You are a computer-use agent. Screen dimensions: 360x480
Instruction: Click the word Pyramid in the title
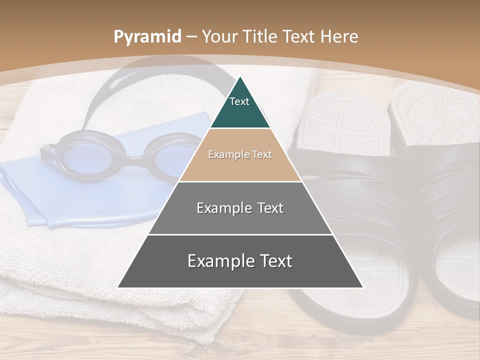[x=147, y=37]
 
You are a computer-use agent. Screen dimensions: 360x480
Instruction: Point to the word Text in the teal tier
[x=239, y=101]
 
